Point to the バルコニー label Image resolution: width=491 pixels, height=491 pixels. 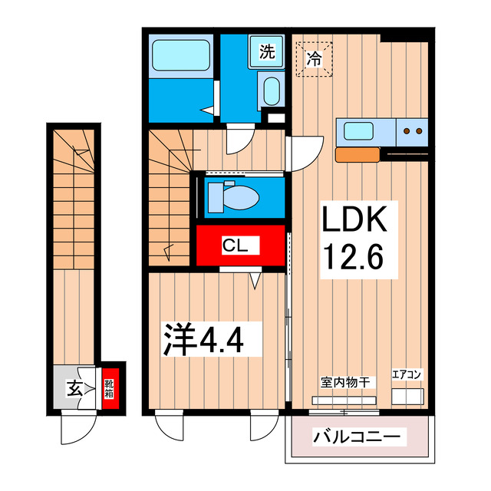(x=356, y=439)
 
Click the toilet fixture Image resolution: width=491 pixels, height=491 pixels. (x=233, y=196)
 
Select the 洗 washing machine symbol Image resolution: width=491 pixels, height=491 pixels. (x=265, y=52)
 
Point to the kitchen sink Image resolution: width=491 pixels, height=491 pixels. (x=359, y=130)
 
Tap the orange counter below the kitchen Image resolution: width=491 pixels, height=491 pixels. (x=359, y=154)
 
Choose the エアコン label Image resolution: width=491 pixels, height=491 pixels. (x=407, y=375)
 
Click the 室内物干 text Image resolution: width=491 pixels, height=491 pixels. (x=345, y=381)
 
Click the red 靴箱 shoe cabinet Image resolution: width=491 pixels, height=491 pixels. (x=110, y=387)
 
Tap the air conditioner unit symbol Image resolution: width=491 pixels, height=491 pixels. (x=407, y=396)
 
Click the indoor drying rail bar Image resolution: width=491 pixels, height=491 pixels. (x=344, y=399)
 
